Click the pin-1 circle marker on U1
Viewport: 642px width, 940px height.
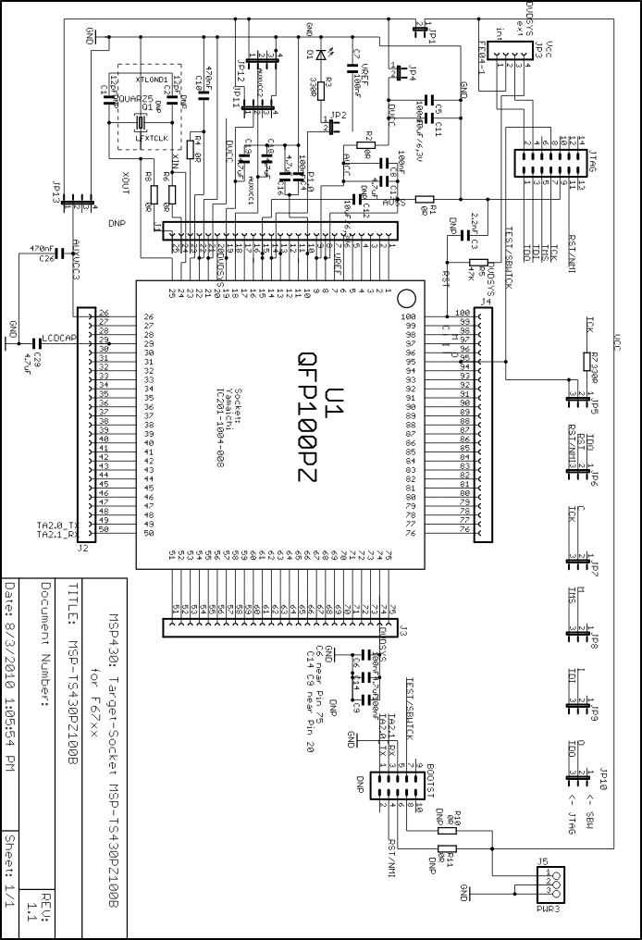(405, 300)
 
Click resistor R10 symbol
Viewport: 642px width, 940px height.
(447, 830)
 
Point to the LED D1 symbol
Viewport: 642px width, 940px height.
(320, 54)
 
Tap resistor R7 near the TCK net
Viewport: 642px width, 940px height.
(585, 362)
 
